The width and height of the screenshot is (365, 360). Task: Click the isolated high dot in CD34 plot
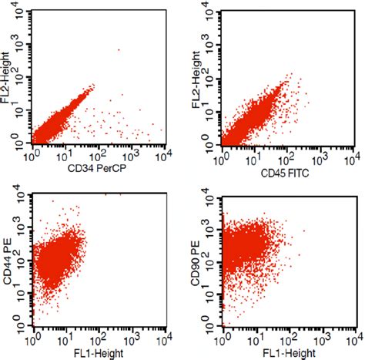click(x=119, y=50)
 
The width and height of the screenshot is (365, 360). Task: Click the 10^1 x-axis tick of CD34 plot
click(x=67, y=157)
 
